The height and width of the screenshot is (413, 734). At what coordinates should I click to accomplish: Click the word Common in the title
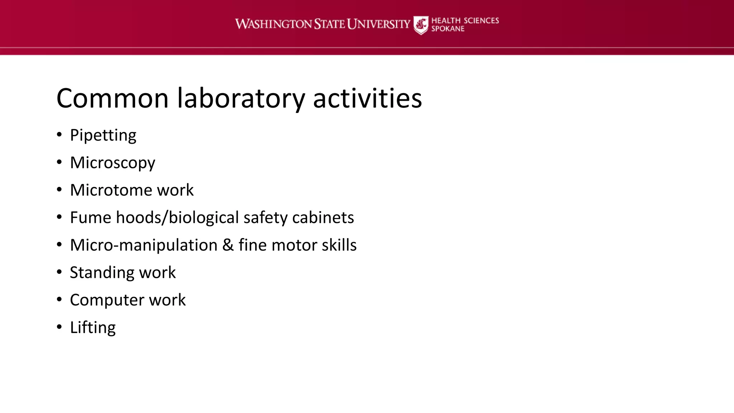coord(113,98)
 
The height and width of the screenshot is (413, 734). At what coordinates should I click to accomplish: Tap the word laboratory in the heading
coord(241,98)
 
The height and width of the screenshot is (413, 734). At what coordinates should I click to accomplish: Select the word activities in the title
coord(367,98)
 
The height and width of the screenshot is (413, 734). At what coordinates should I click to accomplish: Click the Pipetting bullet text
coord(103,136)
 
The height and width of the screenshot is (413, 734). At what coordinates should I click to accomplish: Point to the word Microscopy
coord(113,163)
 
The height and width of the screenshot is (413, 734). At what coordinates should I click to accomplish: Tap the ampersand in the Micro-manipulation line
coord(228,245)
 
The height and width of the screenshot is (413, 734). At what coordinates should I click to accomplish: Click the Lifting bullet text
coord(93,328)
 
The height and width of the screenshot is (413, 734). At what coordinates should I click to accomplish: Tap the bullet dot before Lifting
coord(59,327)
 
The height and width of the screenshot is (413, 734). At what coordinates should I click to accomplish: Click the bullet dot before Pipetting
coord(59,135)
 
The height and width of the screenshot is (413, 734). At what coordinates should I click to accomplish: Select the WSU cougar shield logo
coord(421,25)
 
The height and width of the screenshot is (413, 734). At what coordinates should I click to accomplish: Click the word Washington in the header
coord(273,24)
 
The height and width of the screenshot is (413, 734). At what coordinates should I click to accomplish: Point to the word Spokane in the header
coord(448,29)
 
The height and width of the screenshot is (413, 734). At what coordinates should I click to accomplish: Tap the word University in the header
coord(378,24)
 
